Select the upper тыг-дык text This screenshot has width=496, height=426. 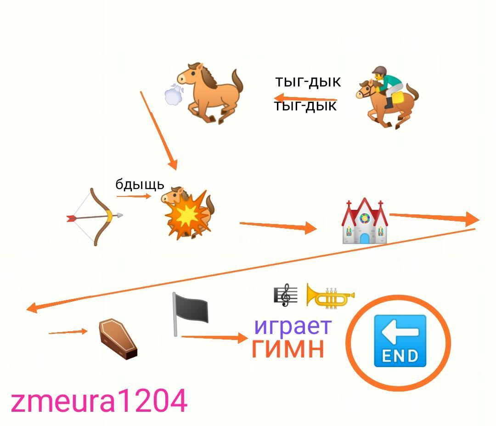click(x=308, y=82)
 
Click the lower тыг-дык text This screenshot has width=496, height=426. click(x=306, y=106)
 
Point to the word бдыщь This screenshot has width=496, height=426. click(x=140, y=184)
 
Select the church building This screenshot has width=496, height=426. click(x=365, y=221)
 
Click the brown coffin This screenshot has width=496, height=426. click(x=118, y=339)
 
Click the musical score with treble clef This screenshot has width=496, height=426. click(x=285, y=295)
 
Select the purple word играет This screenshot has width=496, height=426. click(x=293, y=326)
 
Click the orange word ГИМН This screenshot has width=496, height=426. click(x=288, y=348)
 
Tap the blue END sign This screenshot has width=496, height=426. click(x=400, y=341)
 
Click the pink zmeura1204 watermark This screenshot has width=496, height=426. click(x=99, y=401)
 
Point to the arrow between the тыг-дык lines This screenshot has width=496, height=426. click(x=305, y=98)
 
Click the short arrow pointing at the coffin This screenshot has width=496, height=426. click(x=68, y=332)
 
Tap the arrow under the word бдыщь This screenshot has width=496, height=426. click(x=134, y=196)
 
